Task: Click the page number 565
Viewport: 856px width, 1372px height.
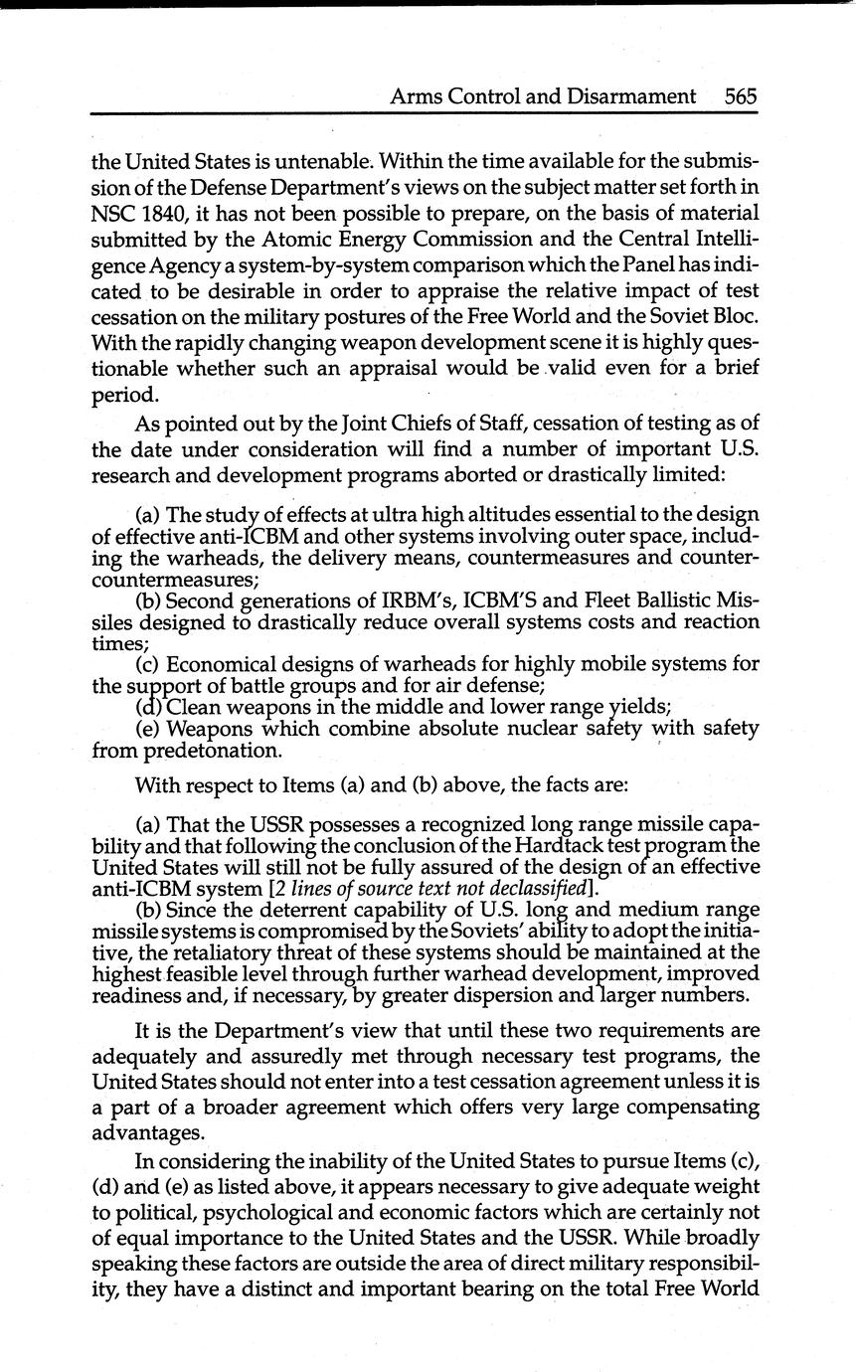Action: click(741, 96)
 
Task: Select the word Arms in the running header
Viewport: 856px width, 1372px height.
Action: click(415, 96)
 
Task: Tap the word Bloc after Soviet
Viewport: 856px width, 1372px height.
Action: click(735, 318)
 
